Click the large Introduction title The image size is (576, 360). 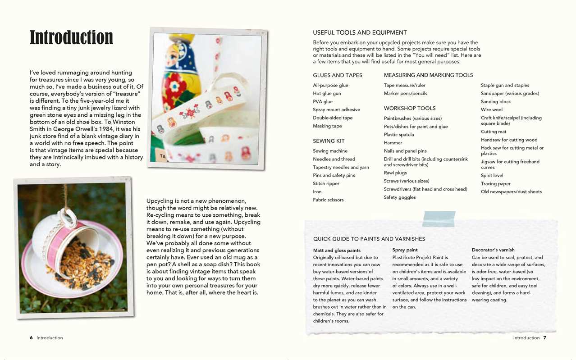click(x=71, y=37)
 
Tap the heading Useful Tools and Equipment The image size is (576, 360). click(x=360, y=32)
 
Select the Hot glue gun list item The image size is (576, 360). click(x=327, y=93)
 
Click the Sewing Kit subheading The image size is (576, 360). click(x=329, y=141)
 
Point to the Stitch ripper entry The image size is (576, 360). click(x=326, y=183)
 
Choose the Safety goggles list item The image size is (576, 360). click(x=399, y=197)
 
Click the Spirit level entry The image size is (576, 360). click(x=492, y=175)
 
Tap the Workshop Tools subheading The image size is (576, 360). click(x=409, y=108)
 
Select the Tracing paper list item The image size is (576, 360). click(x=495, y=183)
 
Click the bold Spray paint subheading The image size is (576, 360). click(x=405, y=250)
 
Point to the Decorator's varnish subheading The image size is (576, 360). click(x=493, y=250)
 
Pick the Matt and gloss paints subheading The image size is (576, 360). click(x=337, y=251)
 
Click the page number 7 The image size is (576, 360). click(x=544, y=337)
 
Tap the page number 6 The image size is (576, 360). click(x=31, y=337)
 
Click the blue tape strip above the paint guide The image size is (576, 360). click(x=439, y=219)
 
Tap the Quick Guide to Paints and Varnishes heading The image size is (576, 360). click(x=369, y=239)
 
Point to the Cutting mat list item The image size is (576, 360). click(x=493, y=132)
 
